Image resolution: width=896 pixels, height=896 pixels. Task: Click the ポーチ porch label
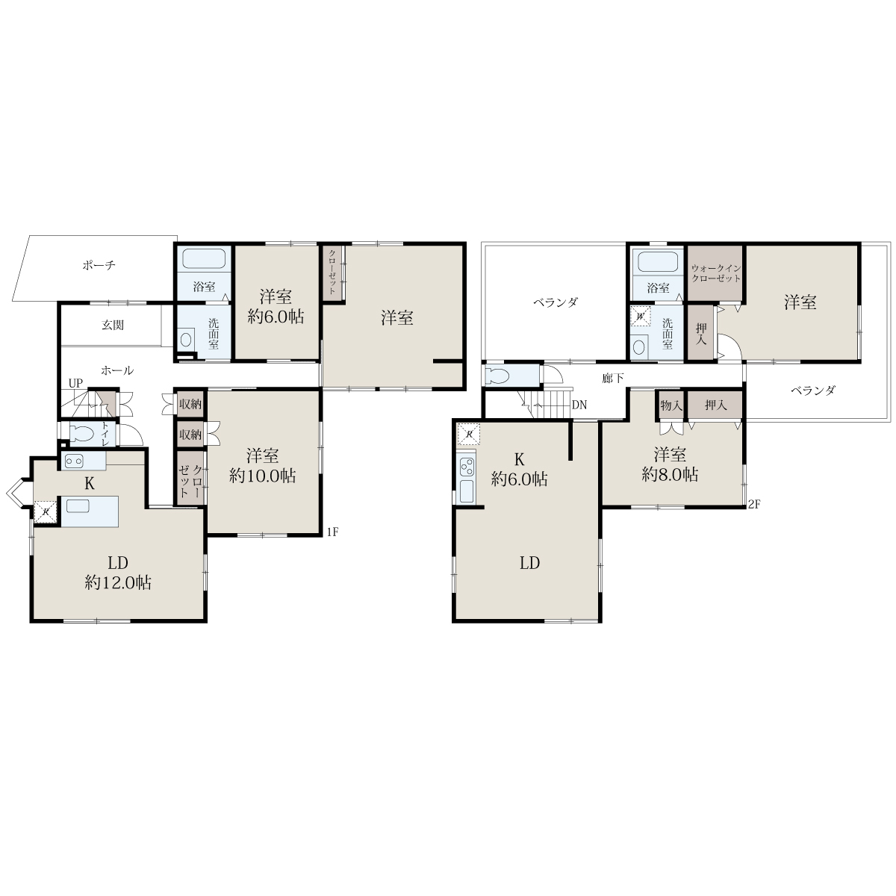(99, 265)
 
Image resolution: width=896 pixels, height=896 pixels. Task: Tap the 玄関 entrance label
(113, 325)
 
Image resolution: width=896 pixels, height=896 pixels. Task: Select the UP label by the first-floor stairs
(75, 383)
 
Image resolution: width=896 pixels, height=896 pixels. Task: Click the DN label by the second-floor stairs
(579, 405)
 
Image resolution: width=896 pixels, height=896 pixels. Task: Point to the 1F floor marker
(332, 532)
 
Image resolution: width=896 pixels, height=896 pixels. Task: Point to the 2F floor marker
(753, 504)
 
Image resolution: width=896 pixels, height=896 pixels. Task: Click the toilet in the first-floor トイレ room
(82, 434)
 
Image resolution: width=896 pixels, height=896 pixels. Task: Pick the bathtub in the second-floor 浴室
(658, 262)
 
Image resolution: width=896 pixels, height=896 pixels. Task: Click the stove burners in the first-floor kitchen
(75, 461)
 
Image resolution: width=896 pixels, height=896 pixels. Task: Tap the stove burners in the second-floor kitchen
(467, 467)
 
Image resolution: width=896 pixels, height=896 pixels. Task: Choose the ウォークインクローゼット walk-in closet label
(716, 273)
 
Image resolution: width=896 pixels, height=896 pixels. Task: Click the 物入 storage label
(671, 405)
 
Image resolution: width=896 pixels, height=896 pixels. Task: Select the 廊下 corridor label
(613, 379)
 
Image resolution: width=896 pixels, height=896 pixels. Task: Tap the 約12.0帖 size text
(118, 582)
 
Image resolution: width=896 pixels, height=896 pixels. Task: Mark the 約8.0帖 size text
(670, 474)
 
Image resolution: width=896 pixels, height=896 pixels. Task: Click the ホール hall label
(117, 370)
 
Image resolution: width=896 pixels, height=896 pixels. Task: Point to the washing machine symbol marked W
(640, 317)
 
